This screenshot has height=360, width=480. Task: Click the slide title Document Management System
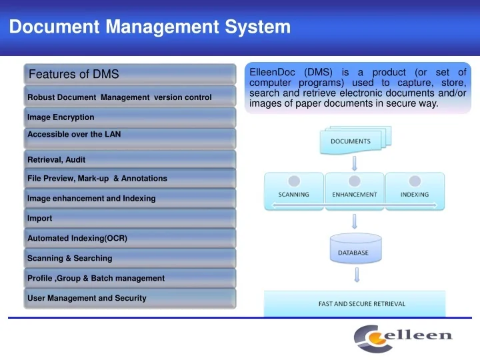click(150, 27)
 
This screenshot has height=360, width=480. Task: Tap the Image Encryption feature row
click(130, 117)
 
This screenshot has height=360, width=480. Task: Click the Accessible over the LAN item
click(130, 137)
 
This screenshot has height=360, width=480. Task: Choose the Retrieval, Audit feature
click(130, 159)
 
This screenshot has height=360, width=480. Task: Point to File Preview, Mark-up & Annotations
click(130, 179)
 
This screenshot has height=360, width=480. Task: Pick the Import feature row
click(130, 218)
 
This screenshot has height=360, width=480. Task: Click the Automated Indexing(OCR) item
click(130, 238)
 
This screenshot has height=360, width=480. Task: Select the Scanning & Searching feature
click(130, 258)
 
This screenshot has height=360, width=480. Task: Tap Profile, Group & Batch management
click(130, 278)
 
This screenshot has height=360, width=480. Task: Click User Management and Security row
click(130, 299)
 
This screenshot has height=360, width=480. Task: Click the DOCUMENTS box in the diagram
click(351, 141)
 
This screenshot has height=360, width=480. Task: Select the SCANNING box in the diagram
click(293, 191)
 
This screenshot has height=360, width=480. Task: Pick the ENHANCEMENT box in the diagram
click(354, 191)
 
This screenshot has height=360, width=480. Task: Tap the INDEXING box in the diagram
click(415, 191)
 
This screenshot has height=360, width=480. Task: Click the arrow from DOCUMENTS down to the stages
click(355, 163)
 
